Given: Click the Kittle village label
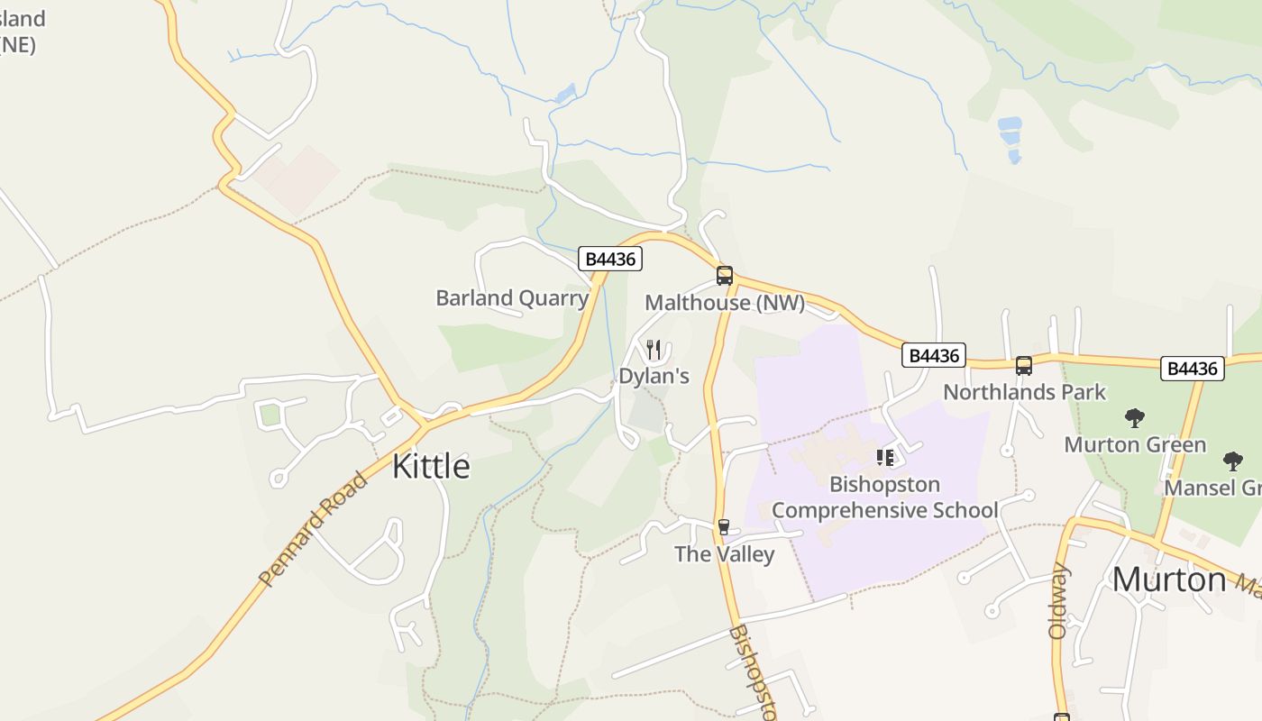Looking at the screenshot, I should tap(431, 466).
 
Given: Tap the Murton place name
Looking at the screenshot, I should tap(1168, 580).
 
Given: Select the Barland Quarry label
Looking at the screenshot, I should tap(512, 297).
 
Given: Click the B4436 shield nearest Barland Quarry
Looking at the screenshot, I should tap(610, 260).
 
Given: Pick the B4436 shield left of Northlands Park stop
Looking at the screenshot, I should tap(933, 356).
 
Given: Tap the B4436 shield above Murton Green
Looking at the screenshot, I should tap(1192, 368).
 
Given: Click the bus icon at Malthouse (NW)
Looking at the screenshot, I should tap(725, 276).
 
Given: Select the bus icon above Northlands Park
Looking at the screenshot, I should tap(1024, 366).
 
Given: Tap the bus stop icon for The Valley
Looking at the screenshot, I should tap(723, 527).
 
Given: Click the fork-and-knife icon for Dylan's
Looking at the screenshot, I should tap(654, 349).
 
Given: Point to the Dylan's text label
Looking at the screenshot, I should tap(654, 376).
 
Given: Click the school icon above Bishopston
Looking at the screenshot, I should tap(885, 458).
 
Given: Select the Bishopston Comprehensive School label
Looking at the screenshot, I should tap(884, 497).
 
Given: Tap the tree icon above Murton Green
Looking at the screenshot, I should tap(1135, 418).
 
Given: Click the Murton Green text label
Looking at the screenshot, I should tap(1135, 444).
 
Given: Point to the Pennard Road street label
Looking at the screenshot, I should tap(313, 529).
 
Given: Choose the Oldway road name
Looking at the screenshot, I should tap(1059, 601).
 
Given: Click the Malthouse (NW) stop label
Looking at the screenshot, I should tap(725, 303).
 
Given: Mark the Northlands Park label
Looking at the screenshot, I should tap(1024, 392).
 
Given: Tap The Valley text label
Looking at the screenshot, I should tap(724, 553).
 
